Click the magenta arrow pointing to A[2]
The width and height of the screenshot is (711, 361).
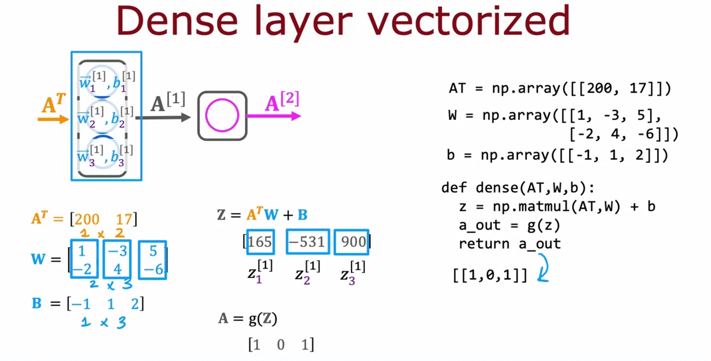(273, 116)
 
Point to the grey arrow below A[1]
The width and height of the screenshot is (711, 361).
(163, 117)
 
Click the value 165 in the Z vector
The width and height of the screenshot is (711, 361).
(260, 242)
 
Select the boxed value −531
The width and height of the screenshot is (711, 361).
(307, 242)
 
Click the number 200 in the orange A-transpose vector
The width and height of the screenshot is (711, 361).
(87, 219)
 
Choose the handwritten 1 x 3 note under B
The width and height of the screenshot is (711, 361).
(103, 322)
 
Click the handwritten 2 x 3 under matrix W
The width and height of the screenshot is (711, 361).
(111, 284)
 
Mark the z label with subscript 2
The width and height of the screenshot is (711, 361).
(308, 273)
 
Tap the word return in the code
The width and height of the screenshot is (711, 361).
(484, 244)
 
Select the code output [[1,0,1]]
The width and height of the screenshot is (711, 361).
(490, 275)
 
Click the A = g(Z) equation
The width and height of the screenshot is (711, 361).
(248, 319)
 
